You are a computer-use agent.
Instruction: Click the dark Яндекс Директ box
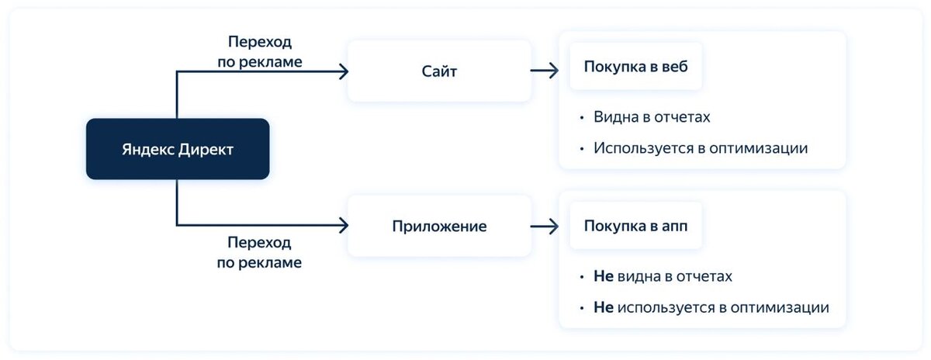(178, 149)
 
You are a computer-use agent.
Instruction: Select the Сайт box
(439, 71)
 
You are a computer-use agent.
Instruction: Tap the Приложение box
(439, 227)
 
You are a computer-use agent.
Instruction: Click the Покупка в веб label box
(636, 65)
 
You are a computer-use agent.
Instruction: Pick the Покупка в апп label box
(636, 227)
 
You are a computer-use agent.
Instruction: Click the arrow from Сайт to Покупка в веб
(544, 71)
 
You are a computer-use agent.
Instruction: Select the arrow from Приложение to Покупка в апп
(544, 227)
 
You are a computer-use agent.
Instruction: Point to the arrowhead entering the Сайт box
(342, 71)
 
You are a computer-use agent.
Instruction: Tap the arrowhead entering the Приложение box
(342, 227)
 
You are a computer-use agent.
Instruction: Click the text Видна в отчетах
(652, 118)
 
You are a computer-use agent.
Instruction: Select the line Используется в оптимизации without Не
(701, 147)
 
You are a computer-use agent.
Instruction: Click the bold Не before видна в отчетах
(603, 276)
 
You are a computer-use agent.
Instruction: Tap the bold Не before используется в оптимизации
(603, 307)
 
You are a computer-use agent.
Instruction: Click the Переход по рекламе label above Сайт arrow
(260, 50)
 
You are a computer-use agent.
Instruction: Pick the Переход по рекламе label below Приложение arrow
(260, 252)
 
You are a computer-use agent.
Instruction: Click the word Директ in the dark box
(206, 150)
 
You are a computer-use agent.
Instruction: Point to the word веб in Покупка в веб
(673, 65)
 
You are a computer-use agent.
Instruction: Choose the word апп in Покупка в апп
(673, 227)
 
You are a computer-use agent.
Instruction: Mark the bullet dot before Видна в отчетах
(582, 118)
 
